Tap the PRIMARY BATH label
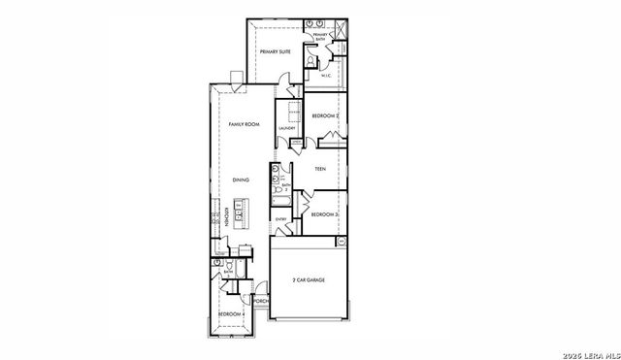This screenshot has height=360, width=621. pyautogui.click(x=319, y=37)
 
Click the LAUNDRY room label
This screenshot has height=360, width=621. pyautogui.click(x=286, y=128)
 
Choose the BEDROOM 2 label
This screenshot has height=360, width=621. pyautogui.click(x=324, y=116)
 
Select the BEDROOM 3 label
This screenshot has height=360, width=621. pyautogui.click(x=324, y=213)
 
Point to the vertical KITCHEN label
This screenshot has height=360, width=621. pyautogui.click(x=226, y=216)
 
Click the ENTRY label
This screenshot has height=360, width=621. pyautogui.click(x=281, y=219)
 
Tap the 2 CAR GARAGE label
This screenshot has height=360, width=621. pyautogui.click(x=309, y=280)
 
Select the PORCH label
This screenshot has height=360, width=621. pyautogui.click(x=260, y=302)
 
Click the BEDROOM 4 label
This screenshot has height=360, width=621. pyautogui.click(x=229, y=314)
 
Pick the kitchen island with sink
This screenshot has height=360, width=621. pyautogui.click(x=245, y=216)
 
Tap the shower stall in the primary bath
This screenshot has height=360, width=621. pyautogui.click(x=340, y=27)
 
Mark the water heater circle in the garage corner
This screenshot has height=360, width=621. pyautogui.click(x=342, y=241)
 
